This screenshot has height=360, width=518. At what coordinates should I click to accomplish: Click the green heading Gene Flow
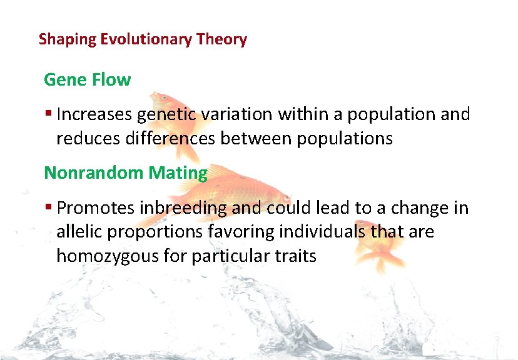coord(87,80)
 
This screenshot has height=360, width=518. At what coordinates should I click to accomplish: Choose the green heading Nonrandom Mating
coord(125,173)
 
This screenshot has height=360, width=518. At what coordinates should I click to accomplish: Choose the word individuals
coord(322,232)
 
